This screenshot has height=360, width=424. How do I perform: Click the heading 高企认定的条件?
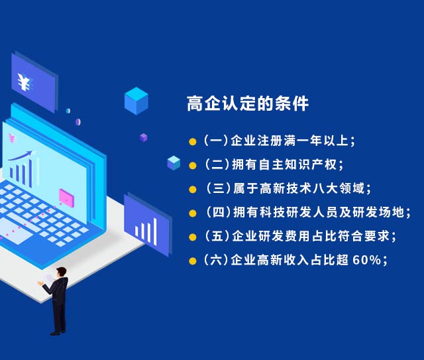[248, 103]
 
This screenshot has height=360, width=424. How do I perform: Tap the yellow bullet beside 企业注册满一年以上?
[193, 142]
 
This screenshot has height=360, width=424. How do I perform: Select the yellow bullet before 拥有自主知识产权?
[193, 165]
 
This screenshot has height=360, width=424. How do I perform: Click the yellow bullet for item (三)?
[193, 189]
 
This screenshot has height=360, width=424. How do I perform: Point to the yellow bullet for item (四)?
[193, 213]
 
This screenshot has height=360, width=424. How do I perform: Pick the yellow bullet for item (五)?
[193, 237]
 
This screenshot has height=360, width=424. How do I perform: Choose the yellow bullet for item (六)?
[193, 261]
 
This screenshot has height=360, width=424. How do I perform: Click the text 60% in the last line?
[367, 260]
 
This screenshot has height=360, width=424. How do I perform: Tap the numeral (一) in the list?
[216, 141]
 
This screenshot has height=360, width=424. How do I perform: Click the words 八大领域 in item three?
[339, 188]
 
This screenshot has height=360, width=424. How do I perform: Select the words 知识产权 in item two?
[311, 164]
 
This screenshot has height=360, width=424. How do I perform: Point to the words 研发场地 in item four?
[378, 212]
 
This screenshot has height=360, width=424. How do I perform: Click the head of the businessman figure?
[62, 272]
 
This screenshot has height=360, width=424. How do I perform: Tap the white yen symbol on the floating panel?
[25, 82]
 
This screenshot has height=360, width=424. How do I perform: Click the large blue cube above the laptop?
[136, 101]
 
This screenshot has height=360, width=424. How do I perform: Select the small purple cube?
[143, 137]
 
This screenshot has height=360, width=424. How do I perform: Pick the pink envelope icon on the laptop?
[66, 198]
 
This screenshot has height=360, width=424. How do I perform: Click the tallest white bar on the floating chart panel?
[155, 231]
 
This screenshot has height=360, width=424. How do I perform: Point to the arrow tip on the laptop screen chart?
[32, 151]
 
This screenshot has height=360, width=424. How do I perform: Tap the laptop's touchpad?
[15, 230]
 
